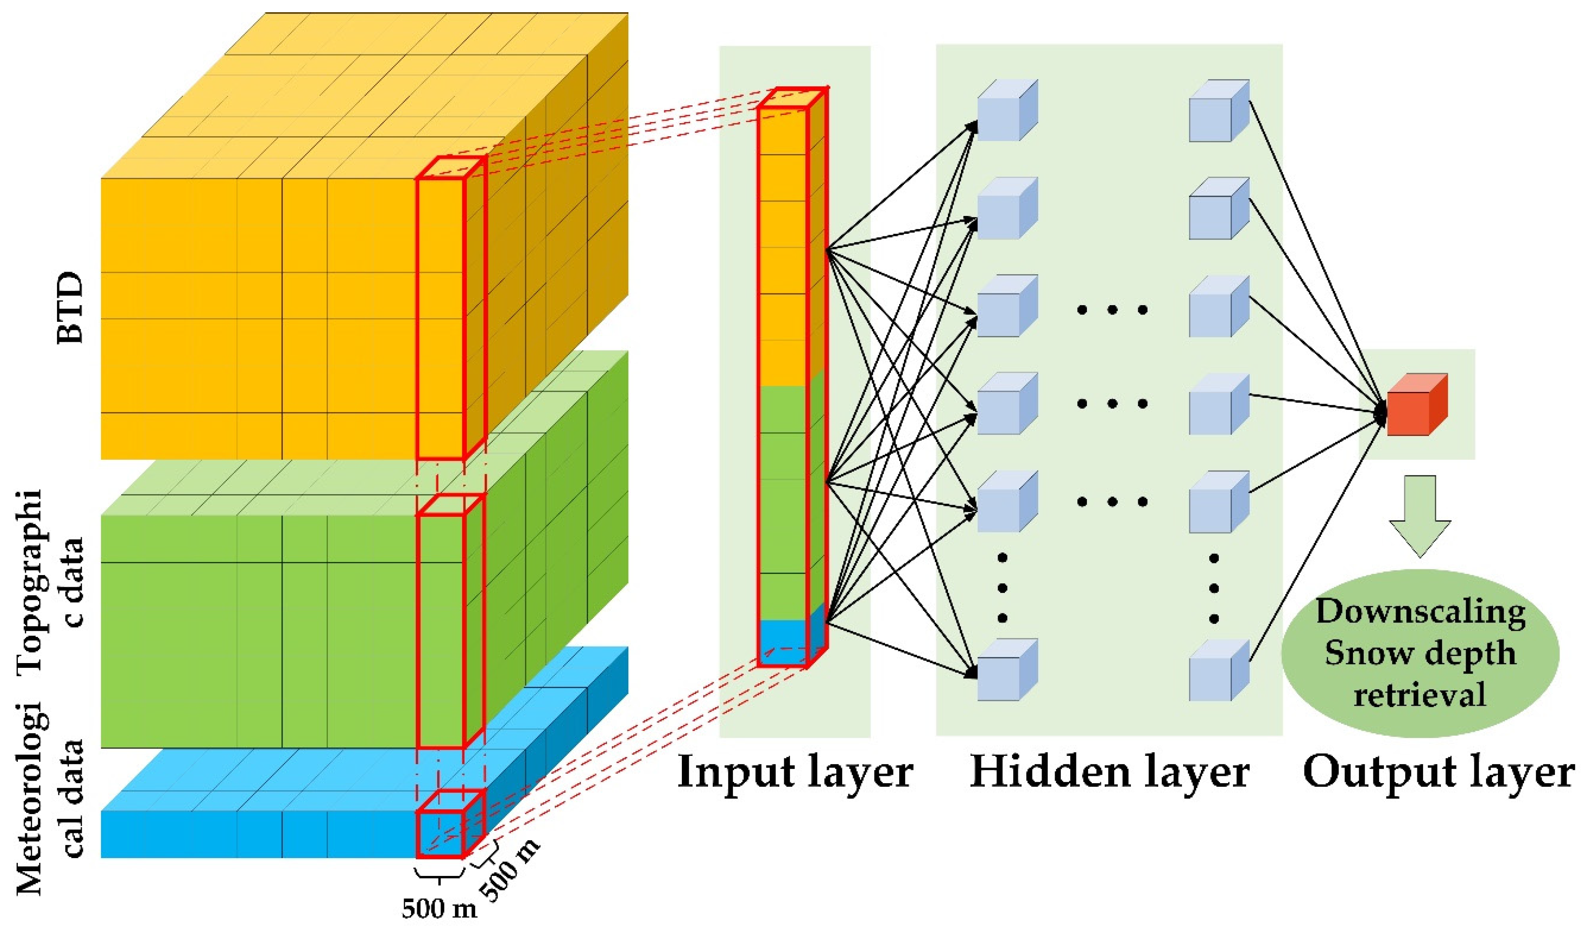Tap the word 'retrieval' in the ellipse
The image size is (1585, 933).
point(1420,695)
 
